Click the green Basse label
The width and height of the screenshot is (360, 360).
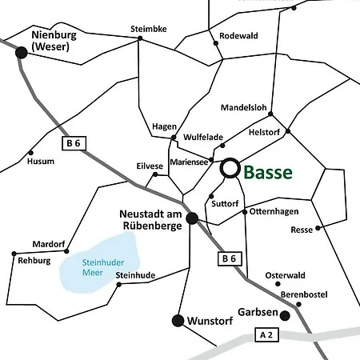coord(267,172)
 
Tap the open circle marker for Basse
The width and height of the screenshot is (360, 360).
coord(230,168)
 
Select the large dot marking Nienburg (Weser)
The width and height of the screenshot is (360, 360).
coord(22,51)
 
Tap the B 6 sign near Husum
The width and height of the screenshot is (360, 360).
coord(74,143)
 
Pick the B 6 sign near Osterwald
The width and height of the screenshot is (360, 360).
coord(228,258)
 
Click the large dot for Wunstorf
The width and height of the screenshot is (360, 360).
coord(178,321)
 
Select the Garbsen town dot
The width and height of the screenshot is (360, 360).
coord(284,315)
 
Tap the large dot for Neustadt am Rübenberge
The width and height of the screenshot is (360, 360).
coord(192,218)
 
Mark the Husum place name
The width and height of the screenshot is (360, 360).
coord(41,161)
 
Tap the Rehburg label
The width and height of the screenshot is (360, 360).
coord(34,261)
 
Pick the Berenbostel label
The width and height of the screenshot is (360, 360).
coord(305,294)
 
